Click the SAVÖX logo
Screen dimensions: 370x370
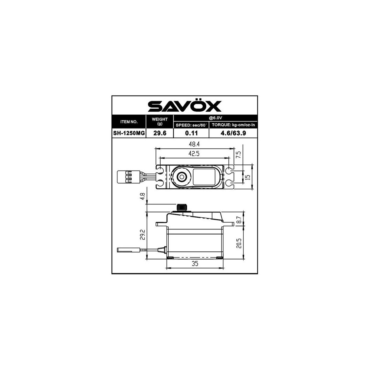pyautogui.click(x=184, y=106)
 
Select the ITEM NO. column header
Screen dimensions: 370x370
pyautogui.click(x=129, y=121)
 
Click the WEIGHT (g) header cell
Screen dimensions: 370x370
pyautogui.click(x=160, y=121)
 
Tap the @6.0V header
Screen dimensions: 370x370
pyautogui.click(x=215, y=118)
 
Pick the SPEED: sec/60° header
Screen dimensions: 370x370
pyautogui.click(x=191, y=125)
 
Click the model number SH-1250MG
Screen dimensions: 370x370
pyautogui.click(x=129, y=133)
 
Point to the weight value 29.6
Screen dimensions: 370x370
pyautogui.click(x=160, y=133)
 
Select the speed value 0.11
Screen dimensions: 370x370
pyautogui.click(x=191, y=133)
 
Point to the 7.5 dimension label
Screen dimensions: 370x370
pyautogui.click(x=238, y=155)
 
